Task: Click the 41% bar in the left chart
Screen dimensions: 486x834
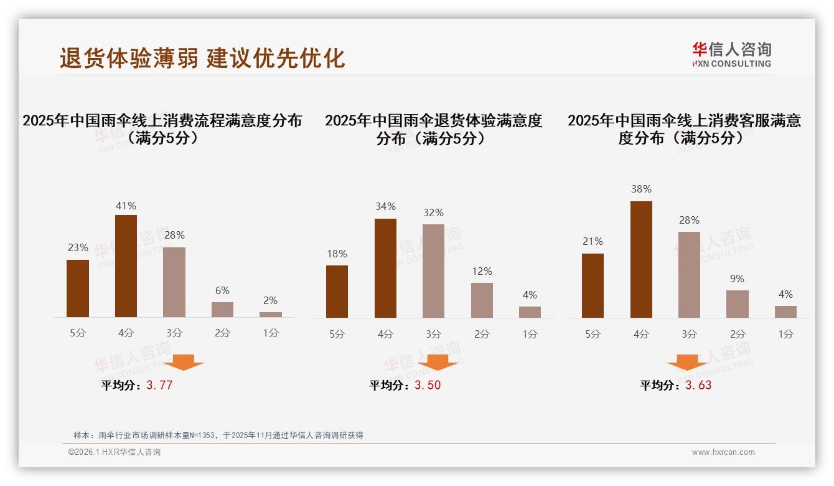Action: click(126, 266)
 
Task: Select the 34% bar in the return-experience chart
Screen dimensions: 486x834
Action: click(385, 268)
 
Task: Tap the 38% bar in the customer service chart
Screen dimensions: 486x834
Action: click(641, 259)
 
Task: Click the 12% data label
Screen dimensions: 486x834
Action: click(482, 271)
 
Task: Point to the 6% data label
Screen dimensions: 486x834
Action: click(222, 290)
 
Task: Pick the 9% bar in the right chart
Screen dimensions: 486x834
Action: click(737, 304)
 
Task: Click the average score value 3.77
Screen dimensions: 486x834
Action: click(159, 385)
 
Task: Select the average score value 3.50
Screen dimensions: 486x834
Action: click(428, 385)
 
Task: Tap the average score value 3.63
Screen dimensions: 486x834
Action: click(698, 385)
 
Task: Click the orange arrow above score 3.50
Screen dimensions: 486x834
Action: click(438, 362)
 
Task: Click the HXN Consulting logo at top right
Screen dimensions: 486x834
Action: click(731, 54)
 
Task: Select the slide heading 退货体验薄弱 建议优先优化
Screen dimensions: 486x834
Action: click(202, 58)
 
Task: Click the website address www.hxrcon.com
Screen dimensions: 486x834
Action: click(723, 452)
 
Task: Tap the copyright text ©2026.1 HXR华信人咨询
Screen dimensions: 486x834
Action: click(114, 452)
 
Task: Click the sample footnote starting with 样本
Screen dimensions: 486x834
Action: click(218, 435)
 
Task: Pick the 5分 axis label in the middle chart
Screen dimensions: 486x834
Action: click(337, 334)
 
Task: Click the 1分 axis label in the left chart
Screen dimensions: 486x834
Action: click(271, 333)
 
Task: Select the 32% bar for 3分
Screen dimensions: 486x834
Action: click(433, 271)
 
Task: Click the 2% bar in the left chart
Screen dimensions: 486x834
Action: click(271, 315)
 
